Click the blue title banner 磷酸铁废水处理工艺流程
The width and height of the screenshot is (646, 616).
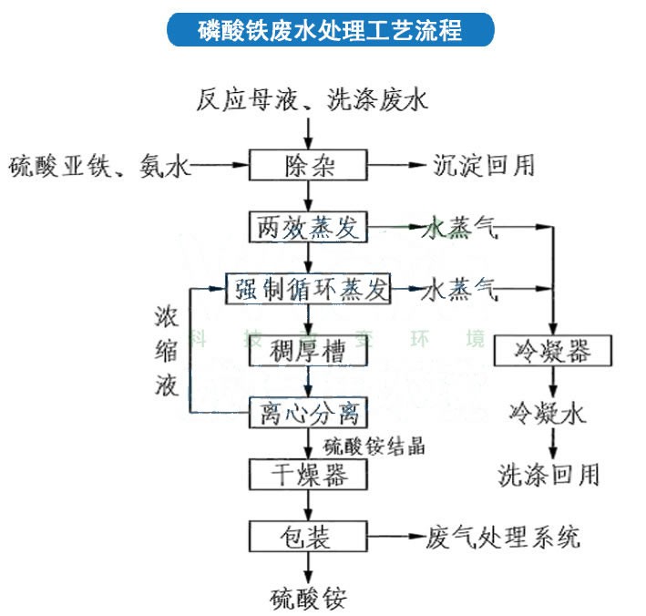tap(330, 30)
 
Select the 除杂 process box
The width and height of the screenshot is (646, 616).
tap(309, 166)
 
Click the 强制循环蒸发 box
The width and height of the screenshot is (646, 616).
tap(309, 291)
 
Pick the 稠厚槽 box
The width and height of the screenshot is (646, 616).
tap(309, 353)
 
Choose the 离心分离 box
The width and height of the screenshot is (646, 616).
tap(309, 413)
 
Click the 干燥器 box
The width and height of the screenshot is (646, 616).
tap(309, 474)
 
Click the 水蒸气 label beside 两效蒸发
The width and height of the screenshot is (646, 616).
tap(461, 229)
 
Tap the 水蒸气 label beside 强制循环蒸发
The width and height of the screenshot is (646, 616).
tap(461, 291)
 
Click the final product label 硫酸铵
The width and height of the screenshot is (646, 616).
tap(309, 598)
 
